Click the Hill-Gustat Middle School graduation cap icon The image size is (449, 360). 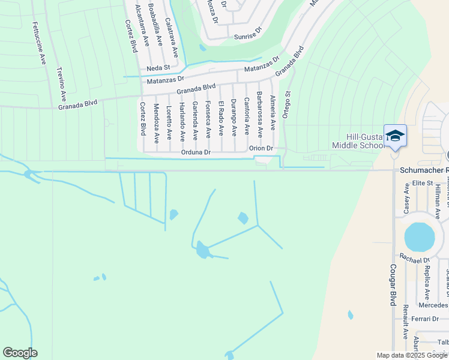[x=395, y=136]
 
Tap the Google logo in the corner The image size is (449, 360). [x=20, y=353]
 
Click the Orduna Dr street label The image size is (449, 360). [x=196, y=152]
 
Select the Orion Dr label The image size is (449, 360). [x=261, y=148]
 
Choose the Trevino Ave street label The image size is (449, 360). [x=61, y=85]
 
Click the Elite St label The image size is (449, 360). [x=423, y=182]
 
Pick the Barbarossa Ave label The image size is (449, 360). [x=260, y=112]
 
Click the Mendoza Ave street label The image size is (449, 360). [x=156, y=123]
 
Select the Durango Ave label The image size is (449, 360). [x=234, y=118]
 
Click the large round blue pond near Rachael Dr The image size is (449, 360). [x=419, y=237]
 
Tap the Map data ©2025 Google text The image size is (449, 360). [x=411, y=355]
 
